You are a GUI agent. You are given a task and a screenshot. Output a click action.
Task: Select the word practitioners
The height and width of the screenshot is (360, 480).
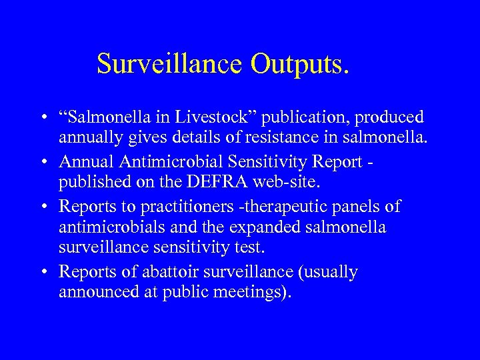tap(151, 206)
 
